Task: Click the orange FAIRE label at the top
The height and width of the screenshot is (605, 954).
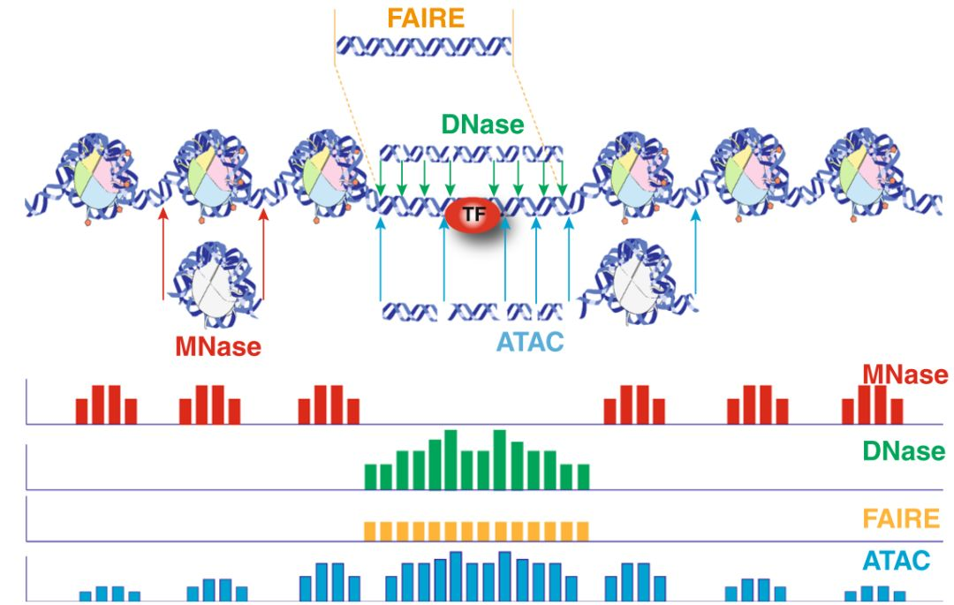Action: [x=425, y=19]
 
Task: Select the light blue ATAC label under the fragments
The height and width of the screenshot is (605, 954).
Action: [x=530, y=342]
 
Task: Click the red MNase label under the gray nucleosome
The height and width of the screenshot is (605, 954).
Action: [x=218, y=346]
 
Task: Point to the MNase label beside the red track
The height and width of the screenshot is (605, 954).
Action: [x=905, y=375]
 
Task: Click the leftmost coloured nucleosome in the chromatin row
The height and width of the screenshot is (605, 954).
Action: [x=90, y=172]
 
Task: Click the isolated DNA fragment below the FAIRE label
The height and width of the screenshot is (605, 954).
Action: [x=425, y=46]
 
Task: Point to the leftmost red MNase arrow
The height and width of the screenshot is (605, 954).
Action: [x=163, y=256]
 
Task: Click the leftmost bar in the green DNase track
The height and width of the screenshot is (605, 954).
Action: [x=371, y=476]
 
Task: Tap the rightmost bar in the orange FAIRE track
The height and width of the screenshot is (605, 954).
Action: [x=581, y=531]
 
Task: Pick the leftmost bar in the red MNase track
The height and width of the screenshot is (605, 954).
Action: [x=81, y=411]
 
